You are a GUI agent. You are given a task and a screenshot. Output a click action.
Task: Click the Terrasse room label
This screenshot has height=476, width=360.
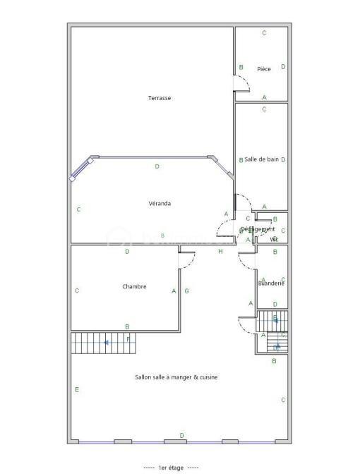tap(160, 98)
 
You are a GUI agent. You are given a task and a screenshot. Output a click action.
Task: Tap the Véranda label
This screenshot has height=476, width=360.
tap(160, 203)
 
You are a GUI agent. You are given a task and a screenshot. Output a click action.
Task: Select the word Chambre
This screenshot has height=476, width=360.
tap(134, 286)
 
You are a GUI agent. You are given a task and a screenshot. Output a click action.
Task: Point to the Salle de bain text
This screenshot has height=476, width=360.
tap(260, 159)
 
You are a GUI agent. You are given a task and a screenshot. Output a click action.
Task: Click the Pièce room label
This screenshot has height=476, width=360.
tap(264, 68)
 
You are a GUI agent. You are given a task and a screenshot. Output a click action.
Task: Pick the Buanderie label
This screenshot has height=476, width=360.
tap(271, 283)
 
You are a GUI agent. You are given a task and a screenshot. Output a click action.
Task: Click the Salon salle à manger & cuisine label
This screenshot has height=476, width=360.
tap(176, 377)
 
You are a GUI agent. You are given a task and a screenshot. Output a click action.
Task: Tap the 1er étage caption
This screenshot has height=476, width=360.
tap(171, 468)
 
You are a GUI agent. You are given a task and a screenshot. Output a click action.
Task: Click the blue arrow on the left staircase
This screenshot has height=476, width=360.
tap(106, 343)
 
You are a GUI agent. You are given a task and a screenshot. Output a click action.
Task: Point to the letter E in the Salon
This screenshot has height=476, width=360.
tap(76, 389)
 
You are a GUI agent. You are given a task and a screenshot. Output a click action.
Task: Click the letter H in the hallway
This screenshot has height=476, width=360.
tap(220, 251)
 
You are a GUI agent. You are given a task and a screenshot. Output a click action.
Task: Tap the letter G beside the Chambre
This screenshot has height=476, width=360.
tap(186, 291)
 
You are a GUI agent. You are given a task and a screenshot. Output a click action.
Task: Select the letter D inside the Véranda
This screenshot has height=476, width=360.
tap(157, 166)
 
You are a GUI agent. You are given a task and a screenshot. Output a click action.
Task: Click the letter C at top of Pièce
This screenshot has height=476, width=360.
tap(264, 33)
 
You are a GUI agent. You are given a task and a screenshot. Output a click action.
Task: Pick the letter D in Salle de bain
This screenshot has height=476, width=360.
tap(282, 159)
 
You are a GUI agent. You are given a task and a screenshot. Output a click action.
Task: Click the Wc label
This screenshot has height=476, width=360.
tap(274, 239)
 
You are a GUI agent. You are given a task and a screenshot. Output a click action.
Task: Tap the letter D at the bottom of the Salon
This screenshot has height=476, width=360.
tap(181, 435)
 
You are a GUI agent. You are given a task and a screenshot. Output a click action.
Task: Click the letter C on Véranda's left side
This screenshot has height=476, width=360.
tap(78, 209)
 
